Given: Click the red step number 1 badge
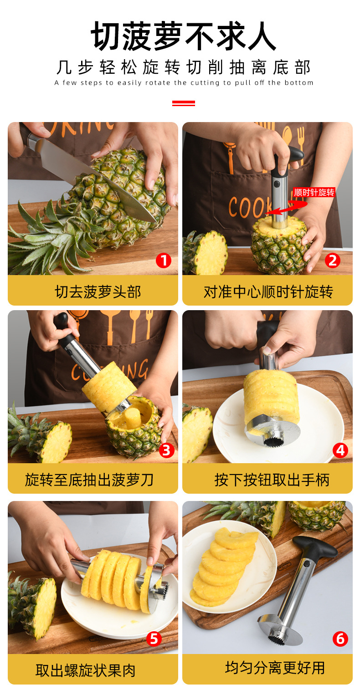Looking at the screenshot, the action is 163,261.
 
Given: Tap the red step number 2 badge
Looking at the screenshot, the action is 332,261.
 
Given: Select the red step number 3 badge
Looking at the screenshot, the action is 166,450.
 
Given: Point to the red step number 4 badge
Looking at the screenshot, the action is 340,450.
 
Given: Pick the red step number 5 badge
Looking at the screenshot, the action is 154,639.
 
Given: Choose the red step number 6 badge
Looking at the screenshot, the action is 340,639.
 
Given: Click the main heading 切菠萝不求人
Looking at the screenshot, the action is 183,36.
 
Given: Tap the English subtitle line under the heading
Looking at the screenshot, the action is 184,83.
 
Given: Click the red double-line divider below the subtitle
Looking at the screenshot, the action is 183,103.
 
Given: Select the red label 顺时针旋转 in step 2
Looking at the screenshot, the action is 314,192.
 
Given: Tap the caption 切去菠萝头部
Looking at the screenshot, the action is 98,292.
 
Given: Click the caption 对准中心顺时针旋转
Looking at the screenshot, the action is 268,292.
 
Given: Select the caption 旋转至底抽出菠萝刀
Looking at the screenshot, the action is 89,480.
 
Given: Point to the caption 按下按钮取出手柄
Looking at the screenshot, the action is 272,480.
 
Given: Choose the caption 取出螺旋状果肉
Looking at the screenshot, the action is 85,670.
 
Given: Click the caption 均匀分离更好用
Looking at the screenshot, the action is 275,668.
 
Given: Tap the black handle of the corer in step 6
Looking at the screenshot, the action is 315,547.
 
